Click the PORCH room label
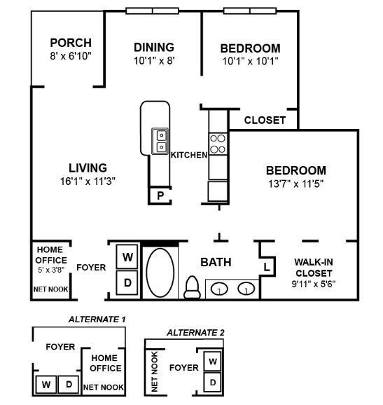pyautogui.click(x=70, y=43)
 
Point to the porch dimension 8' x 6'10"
pyautogui.click(x=70, y=55)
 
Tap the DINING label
pyautogui.click(x=153, y=47)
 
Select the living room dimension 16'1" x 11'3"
pyautogui.click(x=88, y=180)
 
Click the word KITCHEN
pyautogui.click(x=189, y=155)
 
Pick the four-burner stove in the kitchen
pyautogui.click(x=218, y=144)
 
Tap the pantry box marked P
pyautogui.click(x=160, y=195)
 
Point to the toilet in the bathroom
pyautogui.click(x=191, y=286)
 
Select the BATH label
pyautogui.click(x=216, y=263)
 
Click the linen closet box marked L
pyautogui.click(x=267, y=267)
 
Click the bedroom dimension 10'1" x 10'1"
pyautogui.click(x=250, y=60)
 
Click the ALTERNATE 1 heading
pyautogui.click(x=97, y=320)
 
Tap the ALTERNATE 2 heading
pyautogui.click(x=195, y=332)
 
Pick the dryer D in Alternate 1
pyautogui.click(x=69, y=385)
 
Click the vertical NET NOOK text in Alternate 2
pyautogui.click(x=155, y=371)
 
